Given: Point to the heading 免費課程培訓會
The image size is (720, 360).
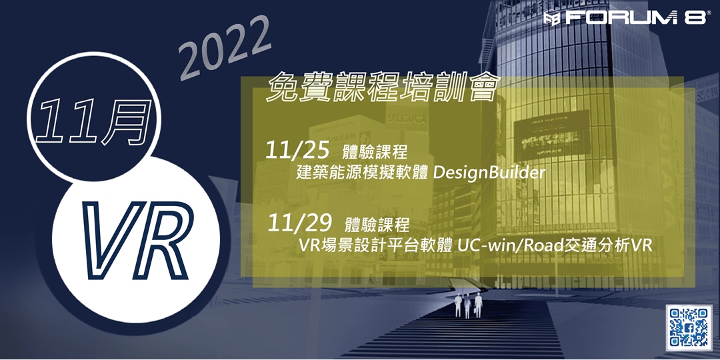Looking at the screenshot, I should [x=382, y=88].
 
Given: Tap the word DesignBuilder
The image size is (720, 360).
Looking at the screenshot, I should [x=489, y=173].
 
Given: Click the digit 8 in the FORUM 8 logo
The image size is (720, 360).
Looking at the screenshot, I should [x=694, y=18].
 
